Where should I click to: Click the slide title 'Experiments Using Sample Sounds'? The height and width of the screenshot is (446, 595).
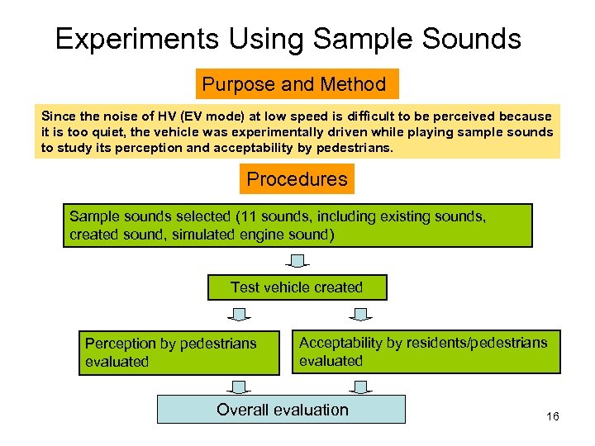288,39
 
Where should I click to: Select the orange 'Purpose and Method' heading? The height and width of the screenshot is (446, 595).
294,84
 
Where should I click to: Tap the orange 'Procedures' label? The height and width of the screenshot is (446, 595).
297,179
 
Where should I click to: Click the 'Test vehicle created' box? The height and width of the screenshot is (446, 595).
297,287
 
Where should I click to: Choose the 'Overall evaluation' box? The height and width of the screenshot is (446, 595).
282,410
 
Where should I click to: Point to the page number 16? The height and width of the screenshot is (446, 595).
553,416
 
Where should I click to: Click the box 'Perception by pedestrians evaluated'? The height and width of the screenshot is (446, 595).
179,352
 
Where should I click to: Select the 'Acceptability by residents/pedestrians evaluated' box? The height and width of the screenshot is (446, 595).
426,352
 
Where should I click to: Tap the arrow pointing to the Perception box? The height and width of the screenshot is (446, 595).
239,315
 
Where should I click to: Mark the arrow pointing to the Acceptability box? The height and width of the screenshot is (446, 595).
359,315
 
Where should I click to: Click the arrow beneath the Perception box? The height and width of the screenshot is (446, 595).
239,386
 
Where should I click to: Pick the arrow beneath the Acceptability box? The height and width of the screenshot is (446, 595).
359,386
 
